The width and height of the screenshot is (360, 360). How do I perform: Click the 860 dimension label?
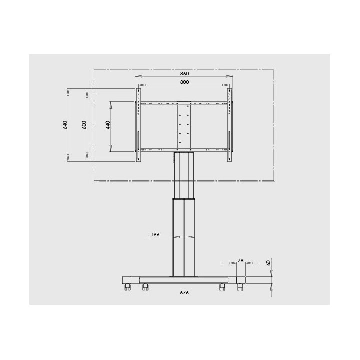tap(184, 73)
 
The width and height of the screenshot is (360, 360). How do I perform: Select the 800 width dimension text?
tap(184, 82)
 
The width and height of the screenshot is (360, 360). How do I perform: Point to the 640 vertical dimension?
tap(65, 125)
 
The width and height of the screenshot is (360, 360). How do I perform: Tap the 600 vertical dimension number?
tap(84, 125)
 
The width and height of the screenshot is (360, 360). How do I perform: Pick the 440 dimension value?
tap(108, 125)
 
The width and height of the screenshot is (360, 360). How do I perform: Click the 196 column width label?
tap(155, 235)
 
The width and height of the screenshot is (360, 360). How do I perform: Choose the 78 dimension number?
tap(241, 261)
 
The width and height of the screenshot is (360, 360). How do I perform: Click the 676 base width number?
tap(184, 292)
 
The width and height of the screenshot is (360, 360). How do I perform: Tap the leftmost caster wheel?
tap(127, 287)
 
